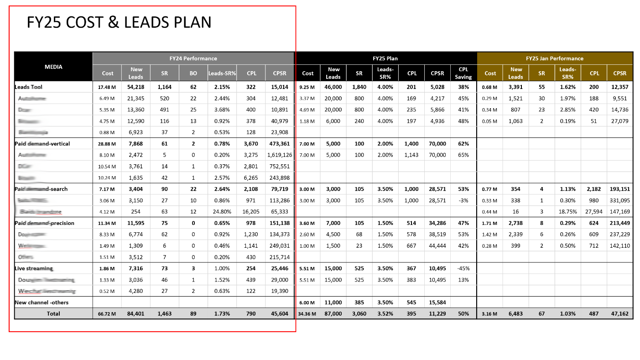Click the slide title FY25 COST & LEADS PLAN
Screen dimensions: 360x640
[119, 22]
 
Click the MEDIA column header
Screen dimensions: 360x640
[53, 67]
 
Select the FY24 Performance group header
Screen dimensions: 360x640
[193, 58]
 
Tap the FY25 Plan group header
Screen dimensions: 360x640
[385, 58]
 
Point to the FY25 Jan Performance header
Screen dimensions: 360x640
[554, 58]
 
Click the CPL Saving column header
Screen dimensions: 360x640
[463, 73]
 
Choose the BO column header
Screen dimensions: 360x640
[193, 73]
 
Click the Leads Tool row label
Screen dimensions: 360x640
[28, 87]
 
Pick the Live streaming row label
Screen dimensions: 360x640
[34, 268]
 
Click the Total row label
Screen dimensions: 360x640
[53, 314]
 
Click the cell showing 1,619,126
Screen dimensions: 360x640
[279, 155]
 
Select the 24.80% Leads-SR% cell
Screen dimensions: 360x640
[222, 212]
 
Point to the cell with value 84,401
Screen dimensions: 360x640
[136, 314]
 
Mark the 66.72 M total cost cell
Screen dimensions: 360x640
[108, 314]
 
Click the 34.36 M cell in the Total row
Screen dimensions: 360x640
[307, 314]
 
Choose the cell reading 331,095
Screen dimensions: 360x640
[619, 200]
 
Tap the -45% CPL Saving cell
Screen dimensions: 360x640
[463, 268]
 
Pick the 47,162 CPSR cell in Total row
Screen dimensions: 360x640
[619, 314]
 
